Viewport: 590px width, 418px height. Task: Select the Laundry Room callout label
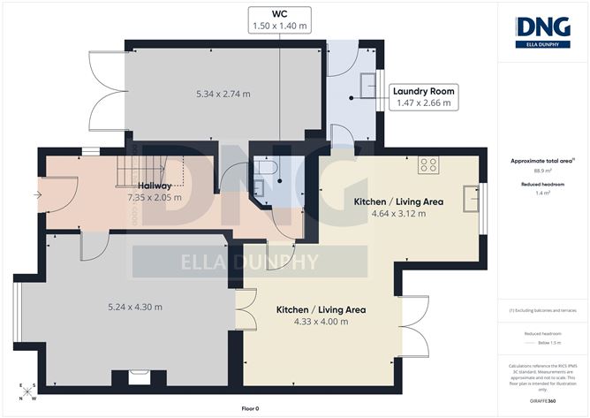423,96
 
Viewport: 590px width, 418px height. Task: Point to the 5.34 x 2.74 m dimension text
223,94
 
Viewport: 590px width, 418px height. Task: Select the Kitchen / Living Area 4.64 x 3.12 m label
397,208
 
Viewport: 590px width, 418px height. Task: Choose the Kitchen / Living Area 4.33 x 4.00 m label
320,315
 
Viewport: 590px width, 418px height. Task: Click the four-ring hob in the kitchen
429,163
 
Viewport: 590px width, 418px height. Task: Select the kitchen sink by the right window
468,196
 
